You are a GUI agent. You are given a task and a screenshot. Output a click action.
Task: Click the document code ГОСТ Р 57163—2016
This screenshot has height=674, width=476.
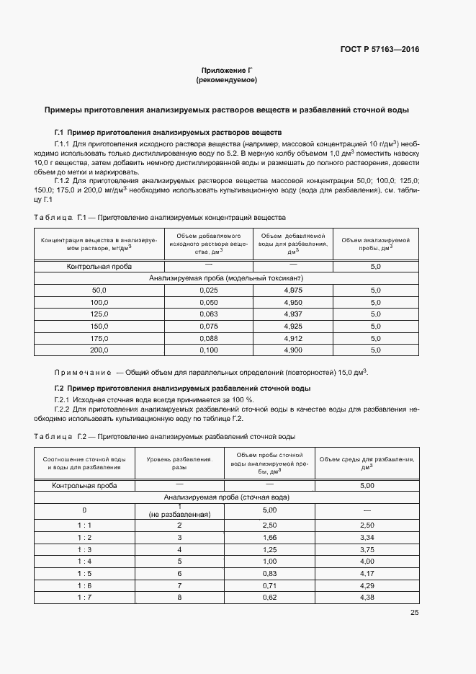[380, 50]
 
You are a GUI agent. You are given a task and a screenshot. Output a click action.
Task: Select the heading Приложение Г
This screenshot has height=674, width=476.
[226, 71]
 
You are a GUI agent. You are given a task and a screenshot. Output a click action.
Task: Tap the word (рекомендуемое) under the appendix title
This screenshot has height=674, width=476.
[226, 80]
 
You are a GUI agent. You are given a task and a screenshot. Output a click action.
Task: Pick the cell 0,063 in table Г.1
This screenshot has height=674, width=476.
[208, 314]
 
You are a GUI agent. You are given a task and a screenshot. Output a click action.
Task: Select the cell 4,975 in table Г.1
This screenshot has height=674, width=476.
[292, 289]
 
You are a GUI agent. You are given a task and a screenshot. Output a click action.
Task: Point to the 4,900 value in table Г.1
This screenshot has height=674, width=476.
[292, 350]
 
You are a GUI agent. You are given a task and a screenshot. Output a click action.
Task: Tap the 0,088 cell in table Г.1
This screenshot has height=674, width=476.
[208, 337]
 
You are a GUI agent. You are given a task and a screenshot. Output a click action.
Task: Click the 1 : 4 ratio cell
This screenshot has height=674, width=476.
[84, 560]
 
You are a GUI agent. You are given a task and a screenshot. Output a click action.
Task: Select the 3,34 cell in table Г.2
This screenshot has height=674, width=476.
[367, 537]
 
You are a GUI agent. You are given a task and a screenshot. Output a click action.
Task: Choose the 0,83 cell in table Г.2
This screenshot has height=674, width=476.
[270, 572]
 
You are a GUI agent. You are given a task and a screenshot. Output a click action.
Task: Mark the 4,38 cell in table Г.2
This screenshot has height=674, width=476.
[367, 597]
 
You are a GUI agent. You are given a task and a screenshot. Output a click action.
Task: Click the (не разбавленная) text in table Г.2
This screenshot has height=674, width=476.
[179, 515]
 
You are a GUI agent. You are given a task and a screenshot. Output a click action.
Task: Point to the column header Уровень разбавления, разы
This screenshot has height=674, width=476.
[179, 463]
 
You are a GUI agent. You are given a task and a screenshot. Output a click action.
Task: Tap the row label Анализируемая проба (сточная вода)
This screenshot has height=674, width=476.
[227, 497]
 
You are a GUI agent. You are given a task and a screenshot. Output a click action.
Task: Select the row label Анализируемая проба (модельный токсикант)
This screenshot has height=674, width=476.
[226, 278]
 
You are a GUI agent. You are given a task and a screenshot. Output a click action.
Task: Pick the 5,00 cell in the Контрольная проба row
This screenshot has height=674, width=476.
[367, 485]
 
